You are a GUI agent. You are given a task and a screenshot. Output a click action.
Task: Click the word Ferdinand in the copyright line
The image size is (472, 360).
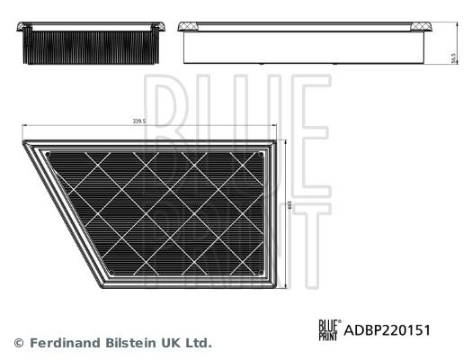58,343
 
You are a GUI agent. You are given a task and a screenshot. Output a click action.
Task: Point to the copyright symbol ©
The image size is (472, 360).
16,343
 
